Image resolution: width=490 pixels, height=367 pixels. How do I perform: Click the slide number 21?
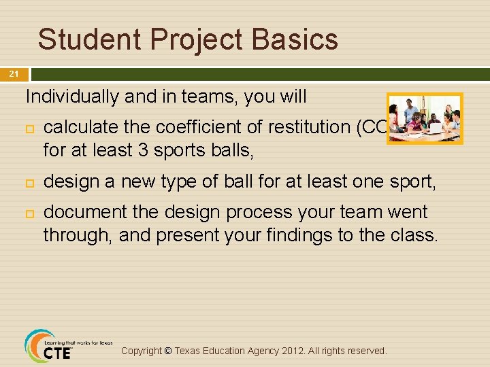tap(14, 74)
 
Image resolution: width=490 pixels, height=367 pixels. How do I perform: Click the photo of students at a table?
tap(424, 119)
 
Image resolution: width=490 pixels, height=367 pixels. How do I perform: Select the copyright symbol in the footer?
tap(168, 351)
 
